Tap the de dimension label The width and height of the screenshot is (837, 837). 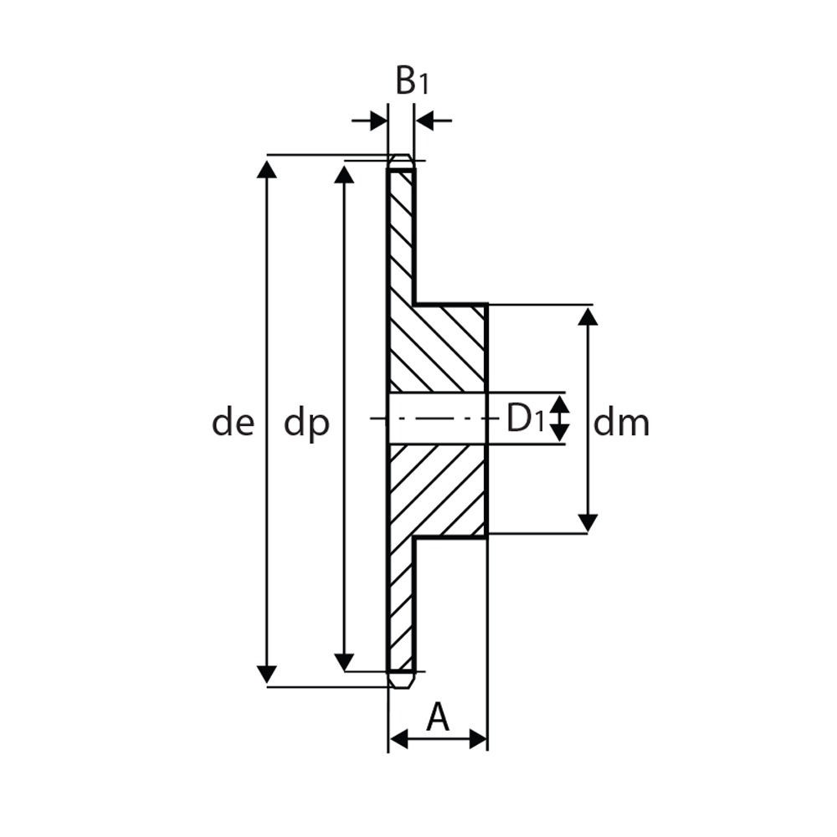234,424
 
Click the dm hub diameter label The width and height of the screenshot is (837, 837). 621,424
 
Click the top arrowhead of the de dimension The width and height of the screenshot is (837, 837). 267,168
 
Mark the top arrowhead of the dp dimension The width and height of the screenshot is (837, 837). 344,174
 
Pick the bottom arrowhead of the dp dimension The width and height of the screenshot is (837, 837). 344,662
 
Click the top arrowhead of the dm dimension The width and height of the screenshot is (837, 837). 588,316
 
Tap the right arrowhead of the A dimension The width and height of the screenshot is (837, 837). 478,740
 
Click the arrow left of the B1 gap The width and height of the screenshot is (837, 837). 369,121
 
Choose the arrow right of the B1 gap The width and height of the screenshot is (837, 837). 434,121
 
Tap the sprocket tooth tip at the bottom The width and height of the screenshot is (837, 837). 400,680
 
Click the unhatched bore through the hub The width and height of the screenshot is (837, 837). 438,418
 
